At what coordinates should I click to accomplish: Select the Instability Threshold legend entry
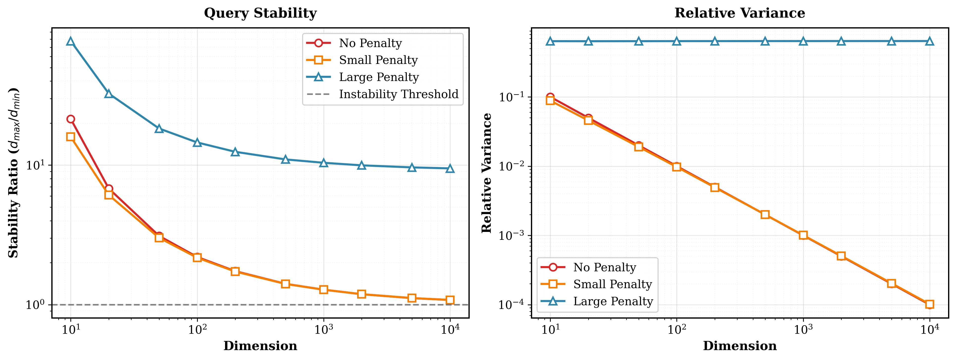point(398,94)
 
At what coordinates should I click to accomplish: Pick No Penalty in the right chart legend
point(604,267)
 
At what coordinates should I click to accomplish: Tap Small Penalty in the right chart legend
point(612,284)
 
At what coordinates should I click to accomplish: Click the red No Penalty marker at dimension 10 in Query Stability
point(70,119)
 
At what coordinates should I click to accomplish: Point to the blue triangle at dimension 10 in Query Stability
point(70,42)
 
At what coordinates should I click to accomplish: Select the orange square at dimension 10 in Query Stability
point(70,137)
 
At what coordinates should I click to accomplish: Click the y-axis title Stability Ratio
point(13,173)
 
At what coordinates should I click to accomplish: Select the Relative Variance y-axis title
point(487,173)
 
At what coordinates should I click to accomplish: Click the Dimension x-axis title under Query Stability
point(260,346)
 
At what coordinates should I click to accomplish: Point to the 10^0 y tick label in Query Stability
point(35,305)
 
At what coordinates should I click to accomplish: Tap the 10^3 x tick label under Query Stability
point(324,329)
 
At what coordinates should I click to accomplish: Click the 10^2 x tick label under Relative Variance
point(677,329)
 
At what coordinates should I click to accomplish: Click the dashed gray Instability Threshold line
point(260,305)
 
